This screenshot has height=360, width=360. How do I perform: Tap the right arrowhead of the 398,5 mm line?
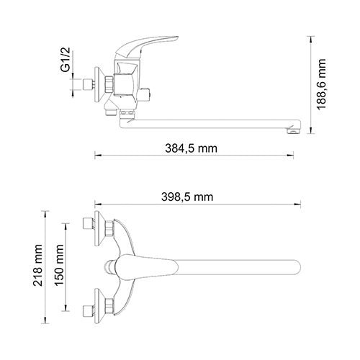click(x=303, y=204)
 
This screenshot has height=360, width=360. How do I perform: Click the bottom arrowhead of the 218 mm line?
click(x=47, y=325)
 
